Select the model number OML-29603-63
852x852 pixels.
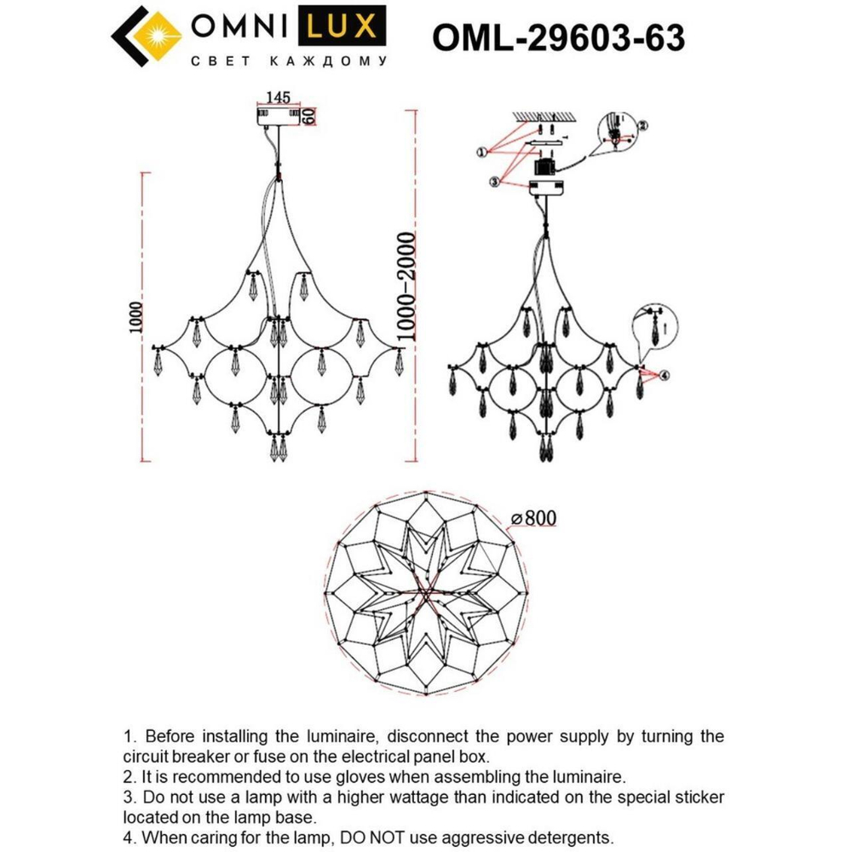pos(559,37)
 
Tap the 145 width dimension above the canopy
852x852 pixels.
pos(279,97)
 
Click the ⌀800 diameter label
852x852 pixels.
pos(534,518)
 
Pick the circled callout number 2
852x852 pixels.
pos(643,124)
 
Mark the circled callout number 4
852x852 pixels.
pos(665,375)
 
